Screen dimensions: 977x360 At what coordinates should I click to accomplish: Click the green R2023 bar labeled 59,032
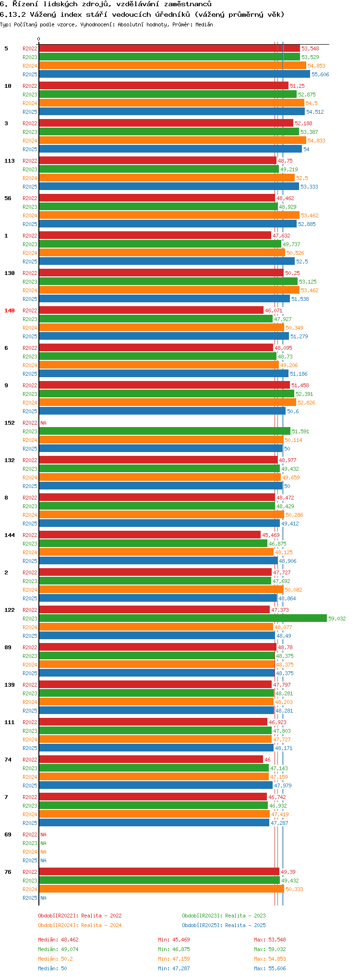182,618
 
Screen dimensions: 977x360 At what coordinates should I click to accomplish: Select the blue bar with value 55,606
174,74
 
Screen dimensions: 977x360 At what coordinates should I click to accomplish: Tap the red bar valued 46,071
151,310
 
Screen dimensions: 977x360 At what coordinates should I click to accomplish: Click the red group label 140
10,310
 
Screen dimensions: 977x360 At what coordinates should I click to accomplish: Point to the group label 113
10,161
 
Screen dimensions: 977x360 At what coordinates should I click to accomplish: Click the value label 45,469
271,535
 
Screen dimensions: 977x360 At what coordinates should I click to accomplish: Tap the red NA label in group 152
43,423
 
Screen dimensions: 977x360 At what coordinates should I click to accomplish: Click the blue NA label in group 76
43,898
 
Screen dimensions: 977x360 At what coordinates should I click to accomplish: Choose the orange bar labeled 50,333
161,889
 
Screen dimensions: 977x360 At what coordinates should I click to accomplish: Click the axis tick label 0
39,39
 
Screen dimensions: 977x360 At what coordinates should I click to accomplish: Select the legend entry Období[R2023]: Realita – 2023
224,916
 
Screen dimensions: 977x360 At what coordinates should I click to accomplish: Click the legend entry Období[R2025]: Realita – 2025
224,925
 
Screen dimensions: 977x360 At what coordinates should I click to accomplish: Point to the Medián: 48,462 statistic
58,940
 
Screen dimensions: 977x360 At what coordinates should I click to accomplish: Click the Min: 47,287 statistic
174,968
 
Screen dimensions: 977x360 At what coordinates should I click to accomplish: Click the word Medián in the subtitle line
204,24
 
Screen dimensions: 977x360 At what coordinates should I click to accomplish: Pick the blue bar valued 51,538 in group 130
164,299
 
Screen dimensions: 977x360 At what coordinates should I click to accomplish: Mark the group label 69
8,834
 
